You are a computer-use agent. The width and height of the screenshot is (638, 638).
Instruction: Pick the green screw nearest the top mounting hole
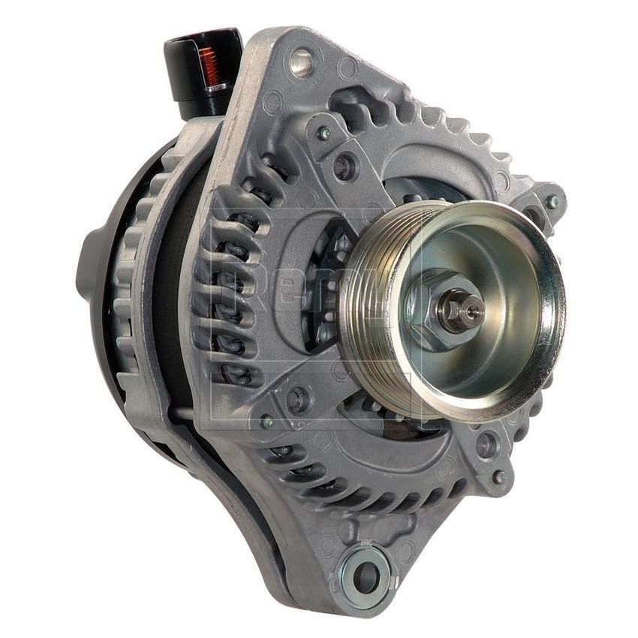[x=324, y=133]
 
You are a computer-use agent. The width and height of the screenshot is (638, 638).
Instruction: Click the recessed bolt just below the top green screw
[x=346, y=167]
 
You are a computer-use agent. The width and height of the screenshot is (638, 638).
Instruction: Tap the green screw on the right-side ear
[x=553, y=201]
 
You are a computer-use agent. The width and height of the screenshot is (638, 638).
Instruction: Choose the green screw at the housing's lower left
[x=266, y=422]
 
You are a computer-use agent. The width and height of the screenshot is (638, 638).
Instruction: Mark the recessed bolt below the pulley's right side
[x=486, y=444]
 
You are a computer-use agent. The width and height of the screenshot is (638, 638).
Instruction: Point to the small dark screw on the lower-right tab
[x=498, y=477]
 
